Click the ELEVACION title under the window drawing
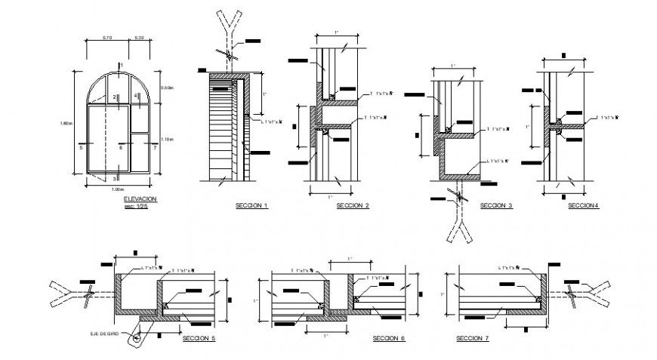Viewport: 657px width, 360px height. click(141, 198)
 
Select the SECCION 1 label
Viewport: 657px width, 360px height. click(252, 206)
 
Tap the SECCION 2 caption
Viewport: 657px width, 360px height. click(352, 206)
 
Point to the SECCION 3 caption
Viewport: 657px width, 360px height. click(496, 205)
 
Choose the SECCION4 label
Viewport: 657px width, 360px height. click(583, 205)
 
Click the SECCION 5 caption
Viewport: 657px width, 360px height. click(199, 339)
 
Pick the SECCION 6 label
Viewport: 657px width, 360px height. click(389, 339)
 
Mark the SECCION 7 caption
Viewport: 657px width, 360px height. click(472, 339)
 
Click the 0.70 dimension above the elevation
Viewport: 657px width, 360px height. click(107, 38)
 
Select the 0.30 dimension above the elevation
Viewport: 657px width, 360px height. click(140, 38)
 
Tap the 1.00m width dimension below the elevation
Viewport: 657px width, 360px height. click(118, 189)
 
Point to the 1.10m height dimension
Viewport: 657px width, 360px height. click(168, 138)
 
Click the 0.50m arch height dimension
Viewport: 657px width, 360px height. click(168, 88)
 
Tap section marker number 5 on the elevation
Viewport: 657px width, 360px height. click(79, 148)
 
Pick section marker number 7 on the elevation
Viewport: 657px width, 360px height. click(155, 148)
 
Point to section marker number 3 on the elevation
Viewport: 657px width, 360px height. click(115, 178)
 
